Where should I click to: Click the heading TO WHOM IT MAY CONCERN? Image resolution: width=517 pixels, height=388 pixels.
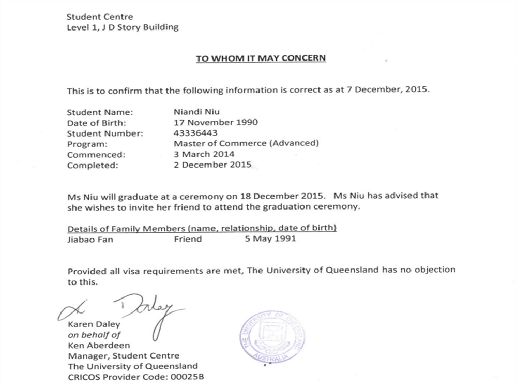(x=261, y=58)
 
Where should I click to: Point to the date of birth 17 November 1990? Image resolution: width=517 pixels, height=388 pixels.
(x=216, y=123)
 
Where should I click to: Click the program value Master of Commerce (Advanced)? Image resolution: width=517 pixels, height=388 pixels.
(x=246, y=143)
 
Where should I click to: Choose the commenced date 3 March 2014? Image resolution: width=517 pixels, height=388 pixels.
(x=204, y=154)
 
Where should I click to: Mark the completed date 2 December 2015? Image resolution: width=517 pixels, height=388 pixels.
(x=212, y=165)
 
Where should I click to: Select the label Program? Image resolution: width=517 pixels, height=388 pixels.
(x=87, y=144)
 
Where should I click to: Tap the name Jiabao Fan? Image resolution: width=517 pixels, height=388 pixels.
(x=90, y=240)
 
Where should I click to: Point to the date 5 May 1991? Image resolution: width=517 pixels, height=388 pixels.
(x=271, y=240)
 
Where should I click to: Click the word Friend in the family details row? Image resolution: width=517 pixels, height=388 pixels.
(x=188, y=240)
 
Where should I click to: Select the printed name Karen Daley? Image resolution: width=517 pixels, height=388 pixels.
(x=94, y=324)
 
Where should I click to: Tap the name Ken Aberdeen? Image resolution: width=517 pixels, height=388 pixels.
(x=99, y=345)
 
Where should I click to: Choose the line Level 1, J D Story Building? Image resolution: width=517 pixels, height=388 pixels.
(x=123, y=27)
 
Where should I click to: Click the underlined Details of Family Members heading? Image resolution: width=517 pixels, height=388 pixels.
(x=202, y=228)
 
